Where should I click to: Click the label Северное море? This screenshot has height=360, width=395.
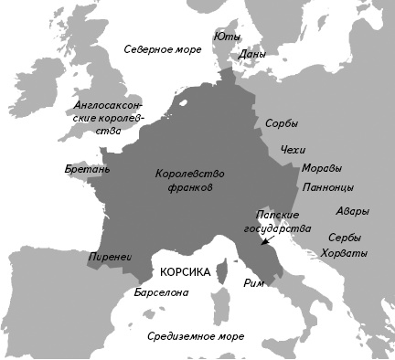162,48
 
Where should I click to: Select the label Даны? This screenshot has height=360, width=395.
251,55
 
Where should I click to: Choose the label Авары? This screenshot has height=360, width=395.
353,211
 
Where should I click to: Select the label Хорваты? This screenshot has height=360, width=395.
347,253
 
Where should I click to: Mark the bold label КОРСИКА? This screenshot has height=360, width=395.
185,273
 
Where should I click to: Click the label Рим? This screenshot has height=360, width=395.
254,283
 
